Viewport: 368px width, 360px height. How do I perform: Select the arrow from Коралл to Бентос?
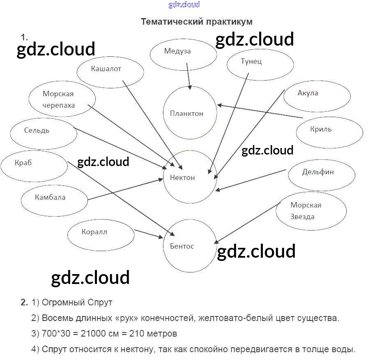pos(149,234)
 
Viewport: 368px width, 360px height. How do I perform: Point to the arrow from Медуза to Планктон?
pos(189,76)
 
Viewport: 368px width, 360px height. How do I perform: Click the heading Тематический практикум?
pos(196,21)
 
